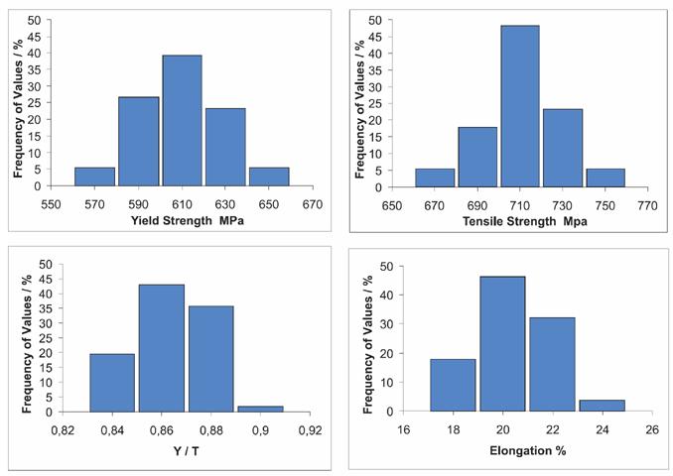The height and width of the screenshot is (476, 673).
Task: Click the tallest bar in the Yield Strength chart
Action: [182, 121]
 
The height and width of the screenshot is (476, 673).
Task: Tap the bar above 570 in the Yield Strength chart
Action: [94, 177]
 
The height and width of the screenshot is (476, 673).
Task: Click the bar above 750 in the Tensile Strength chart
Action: [606, 178]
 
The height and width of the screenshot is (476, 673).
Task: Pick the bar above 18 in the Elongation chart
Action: [452, 385]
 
